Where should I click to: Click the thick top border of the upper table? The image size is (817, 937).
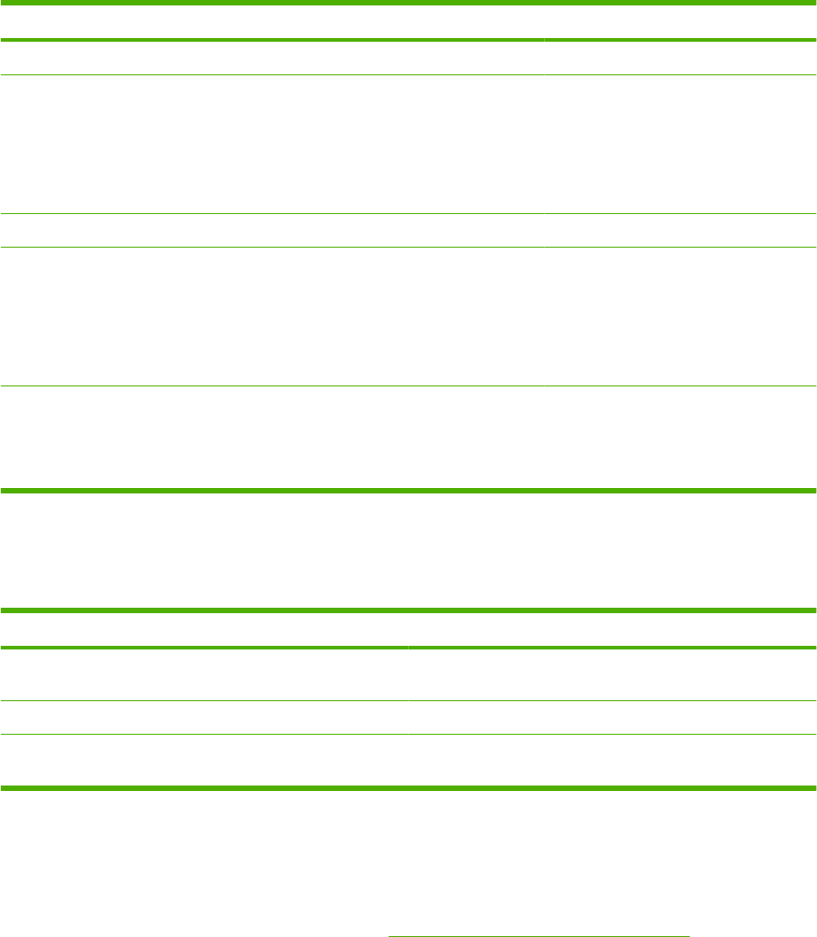(x=408, y=3)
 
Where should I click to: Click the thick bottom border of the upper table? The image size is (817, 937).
(x=408, y=491)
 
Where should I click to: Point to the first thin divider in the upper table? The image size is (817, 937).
(x=408, y=74)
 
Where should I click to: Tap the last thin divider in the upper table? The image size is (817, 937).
(x=408, y=387)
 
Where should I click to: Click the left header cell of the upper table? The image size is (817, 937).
(x=272, y=22)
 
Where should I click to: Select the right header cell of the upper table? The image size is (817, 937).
(x=680, y=22)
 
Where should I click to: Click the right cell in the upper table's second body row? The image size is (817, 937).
(x=680, y=143)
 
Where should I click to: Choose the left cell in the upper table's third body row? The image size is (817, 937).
(x=272, y=230)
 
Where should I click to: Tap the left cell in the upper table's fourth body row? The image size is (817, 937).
(x=272, y=317)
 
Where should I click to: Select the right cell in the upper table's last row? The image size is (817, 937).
(x=680, y=438)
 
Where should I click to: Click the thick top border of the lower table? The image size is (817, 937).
(x=408, y=610)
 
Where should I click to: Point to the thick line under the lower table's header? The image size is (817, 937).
(x=408, y=647)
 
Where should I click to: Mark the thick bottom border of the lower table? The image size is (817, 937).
(x=408, y=787)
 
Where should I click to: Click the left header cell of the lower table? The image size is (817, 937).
(x=204, y=629)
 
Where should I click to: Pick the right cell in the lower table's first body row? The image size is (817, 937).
(x=612, y=673)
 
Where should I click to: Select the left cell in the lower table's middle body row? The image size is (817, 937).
(x=204, y=717)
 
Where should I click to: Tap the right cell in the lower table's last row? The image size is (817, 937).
(x=612, y=759)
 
